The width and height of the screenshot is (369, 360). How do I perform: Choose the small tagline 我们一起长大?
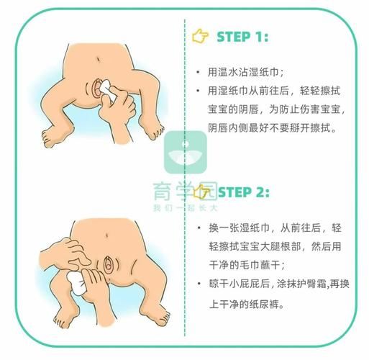[183, 209]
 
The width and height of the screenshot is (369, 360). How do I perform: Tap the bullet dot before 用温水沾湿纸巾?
[199, 73]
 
